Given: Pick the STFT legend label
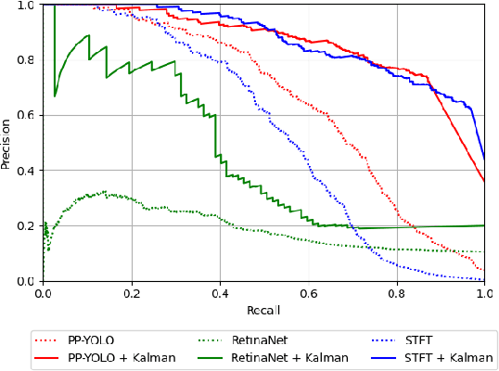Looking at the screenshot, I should coord(418,340).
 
